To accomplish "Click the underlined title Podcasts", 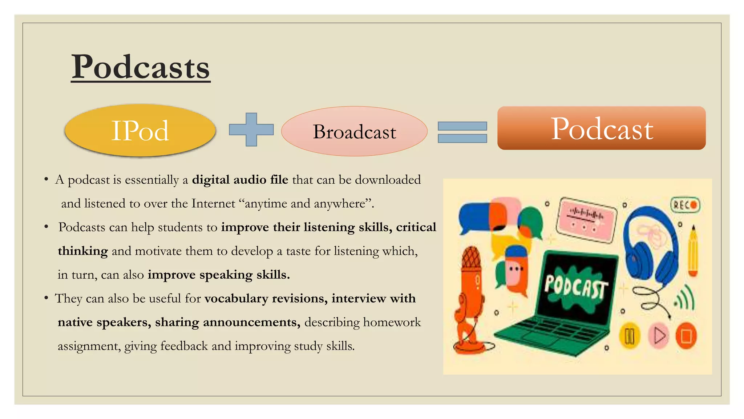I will point(141,67).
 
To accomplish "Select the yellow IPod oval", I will point(140,131).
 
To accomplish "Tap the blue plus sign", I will point(251,129).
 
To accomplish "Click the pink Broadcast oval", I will point(354,131).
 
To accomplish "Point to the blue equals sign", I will point(462,132).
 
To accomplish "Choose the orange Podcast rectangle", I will point(601,128).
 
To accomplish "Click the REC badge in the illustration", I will point(685,205).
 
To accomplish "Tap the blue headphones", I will point(650,244).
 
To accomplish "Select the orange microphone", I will point(472,291).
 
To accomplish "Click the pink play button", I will point(658,335).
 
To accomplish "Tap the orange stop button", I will point(686,336).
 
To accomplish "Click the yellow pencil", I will point(693,251).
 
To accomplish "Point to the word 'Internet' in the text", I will point(213,203).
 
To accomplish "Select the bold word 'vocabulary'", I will point(236,299).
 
